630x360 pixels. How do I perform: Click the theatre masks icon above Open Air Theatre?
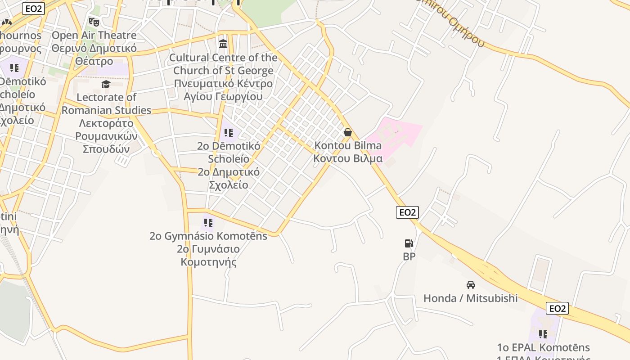click(x=94, y=22)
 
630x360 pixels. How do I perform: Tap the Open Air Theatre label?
click(x=94, y=35)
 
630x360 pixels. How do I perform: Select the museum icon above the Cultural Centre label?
click(x=223, y=44)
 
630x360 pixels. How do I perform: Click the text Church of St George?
click(x=223, y=71)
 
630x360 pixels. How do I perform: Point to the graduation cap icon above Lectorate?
click(x=106, y=84)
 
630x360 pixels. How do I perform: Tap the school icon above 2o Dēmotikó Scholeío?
click(x=229, y=133)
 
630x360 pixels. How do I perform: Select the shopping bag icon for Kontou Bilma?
click(x=347, y=132)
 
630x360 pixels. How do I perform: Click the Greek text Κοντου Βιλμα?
click(x=348, y=158)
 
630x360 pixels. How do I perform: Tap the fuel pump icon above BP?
click(x=409, y=243)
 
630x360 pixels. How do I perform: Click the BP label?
click(x=409, y=256)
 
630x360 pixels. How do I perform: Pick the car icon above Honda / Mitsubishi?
click(x=470, y=285)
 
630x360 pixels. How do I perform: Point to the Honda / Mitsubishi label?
click(x=470, y=298)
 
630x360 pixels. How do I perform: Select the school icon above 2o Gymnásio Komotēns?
click(x=208, y=223)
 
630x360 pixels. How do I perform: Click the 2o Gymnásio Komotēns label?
click(x=208, y=236)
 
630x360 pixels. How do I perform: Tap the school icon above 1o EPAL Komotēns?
click(x=543, y=334)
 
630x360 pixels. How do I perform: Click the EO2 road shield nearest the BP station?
click(x=407, y=212)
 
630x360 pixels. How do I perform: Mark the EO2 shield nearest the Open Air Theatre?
click(x=33, y=9)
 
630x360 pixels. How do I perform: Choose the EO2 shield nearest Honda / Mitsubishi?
click(x=557, y=308)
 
